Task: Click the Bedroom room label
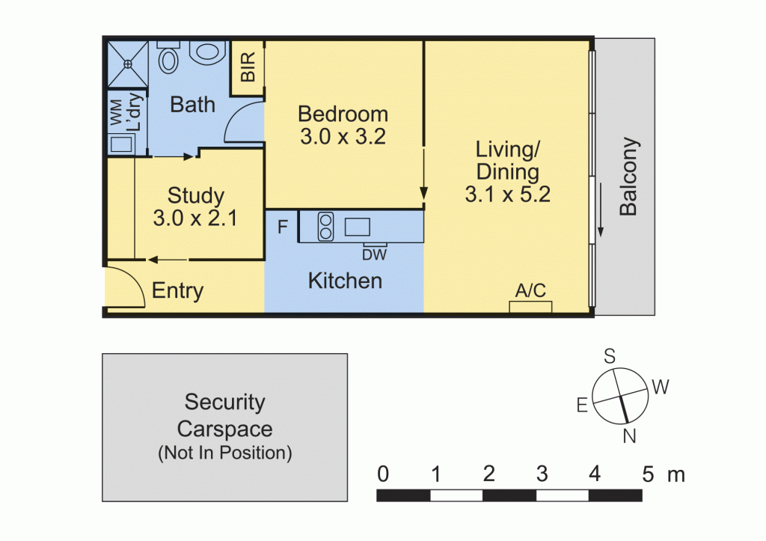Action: click(343, 114)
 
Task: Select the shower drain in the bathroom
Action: click(127, 64)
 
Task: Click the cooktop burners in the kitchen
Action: click(325, 227)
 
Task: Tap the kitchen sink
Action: click(358, 226)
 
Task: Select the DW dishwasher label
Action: click(374, 254)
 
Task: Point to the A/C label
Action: click(530, 290)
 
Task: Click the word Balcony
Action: click(629, 177)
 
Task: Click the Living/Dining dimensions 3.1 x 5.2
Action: click(508, 195)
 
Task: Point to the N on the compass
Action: click(629, 435)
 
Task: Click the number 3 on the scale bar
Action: click(542, 474)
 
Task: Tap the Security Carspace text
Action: click(224, 416)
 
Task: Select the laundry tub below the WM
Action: click(118, 143)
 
